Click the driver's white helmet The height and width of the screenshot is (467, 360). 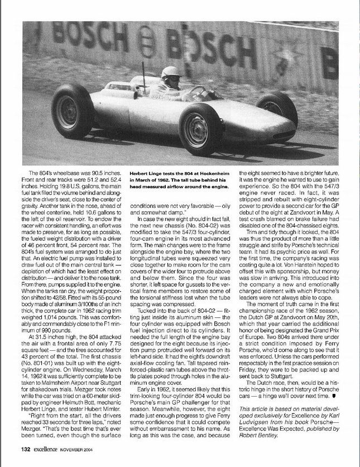(171, 73)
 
